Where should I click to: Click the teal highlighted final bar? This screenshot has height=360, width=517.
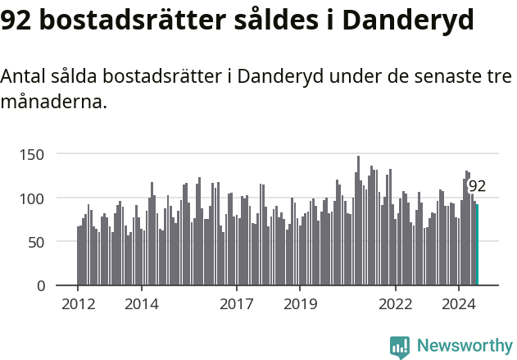477,245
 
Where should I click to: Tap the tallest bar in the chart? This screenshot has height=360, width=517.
358,221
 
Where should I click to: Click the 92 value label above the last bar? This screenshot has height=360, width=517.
477,186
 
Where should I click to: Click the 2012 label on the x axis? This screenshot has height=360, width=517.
78,305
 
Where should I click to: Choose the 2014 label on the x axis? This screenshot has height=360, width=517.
142,305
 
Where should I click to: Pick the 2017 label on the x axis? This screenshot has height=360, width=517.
237,305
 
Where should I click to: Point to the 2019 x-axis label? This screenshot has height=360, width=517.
301,305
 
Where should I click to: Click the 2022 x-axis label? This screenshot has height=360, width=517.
396,305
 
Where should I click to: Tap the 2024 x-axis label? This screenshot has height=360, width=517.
459,305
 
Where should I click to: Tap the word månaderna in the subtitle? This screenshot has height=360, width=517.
53,103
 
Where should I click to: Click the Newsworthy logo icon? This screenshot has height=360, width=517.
399,347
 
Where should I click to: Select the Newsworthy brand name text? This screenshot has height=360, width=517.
465,346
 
